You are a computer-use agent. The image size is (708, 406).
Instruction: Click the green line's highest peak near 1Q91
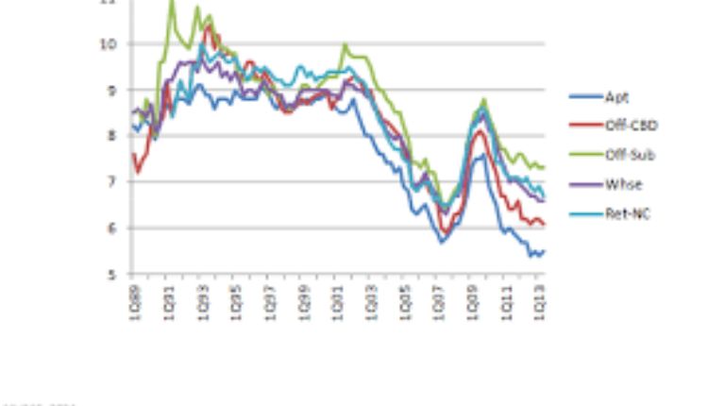point(171,2)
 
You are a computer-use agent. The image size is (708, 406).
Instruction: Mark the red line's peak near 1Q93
point(208,26)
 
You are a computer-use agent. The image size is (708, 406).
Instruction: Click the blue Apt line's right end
point(545,250)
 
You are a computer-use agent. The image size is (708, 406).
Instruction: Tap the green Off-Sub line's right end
point(545,167)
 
